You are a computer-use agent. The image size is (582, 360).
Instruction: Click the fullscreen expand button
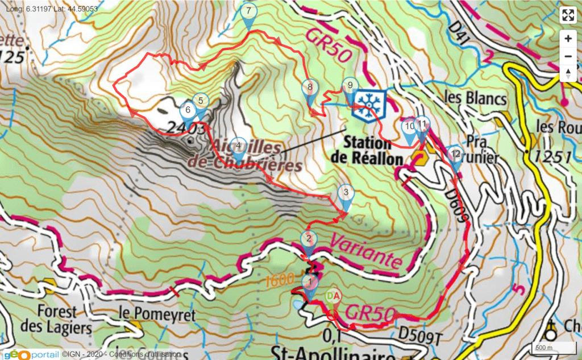tap(568, 15)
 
